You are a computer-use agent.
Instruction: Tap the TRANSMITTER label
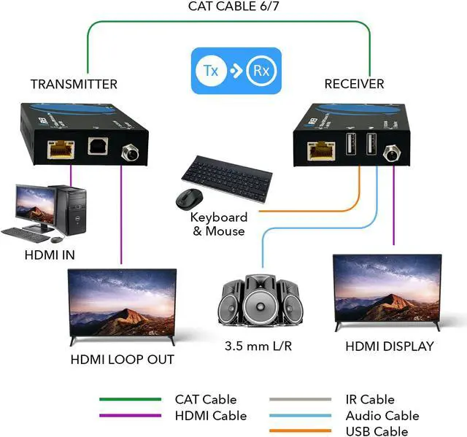point(74,84)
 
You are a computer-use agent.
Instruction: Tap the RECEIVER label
point(354,84)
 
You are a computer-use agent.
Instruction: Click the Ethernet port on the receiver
point(318,150)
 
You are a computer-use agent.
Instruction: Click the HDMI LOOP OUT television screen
point(122,301)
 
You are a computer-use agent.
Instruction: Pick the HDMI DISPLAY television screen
point(387,289)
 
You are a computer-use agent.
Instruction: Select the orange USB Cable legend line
point(300,431)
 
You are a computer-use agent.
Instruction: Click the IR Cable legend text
point(370,400)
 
